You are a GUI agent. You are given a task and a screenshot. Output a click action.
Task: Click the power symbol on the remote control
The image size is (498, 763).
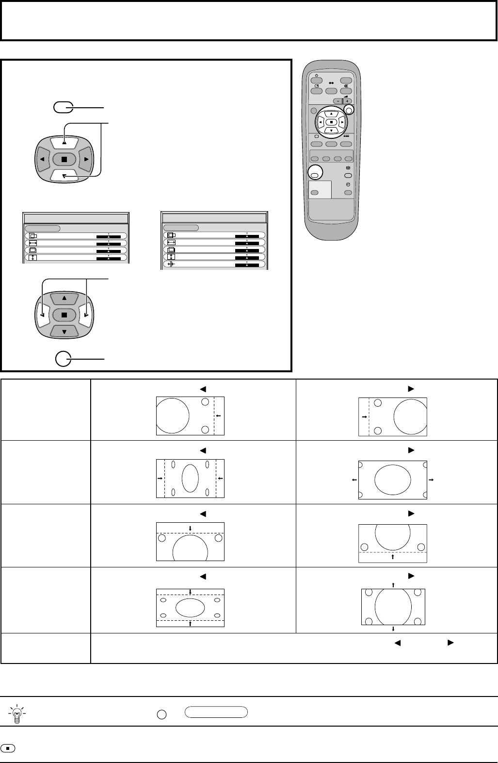pos(316,75)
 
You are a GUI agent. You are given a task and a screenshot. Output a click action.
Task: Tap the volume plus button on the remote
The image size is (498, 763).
pos(347,101)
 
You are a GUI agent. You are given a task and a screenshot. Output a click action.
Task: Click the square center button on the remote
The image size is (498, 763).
pos(331,122)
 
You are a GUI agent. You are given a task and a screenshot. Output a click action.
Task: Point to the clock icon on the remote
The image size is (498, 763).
pos(347,185)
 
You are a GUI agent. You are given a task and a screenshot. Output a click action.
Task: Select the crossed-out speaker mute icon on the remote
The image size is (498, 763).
pos(346,85)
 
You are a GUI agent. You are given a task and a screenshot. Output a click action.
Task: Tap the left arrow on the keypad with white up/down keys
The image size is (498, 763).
pos(43,159)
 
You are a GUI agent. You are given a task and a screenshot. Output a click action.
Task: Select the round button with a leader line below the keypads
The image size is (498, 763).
pos(63,359)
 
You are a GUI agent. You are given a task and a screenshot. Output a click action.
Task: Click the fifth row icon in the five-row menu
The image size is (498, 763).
pos(171,265)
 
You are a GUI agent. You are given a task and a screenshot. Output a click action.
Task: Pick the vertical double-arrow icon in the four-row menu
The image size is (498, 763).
pos(33,257)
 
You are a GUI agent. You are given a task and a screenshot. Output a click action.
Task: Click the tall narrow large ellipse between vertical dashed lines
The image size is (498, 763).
pos(190,478)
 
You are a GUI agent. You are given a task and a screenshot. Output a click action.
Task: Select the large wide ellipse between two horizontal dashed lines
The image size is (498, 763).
pos(190,607)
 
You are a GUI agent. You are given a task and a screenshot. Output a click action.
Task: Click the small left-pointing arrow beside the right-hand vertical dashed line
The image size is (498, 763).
pos(219,415)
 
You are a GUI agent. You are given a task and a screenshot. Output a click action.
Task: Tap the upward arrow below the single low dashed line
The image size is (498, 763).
pos(393,557)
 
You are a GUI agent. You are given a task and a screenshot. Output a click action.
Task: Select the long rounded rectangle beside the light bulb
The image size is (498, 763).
pos(216,712)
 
